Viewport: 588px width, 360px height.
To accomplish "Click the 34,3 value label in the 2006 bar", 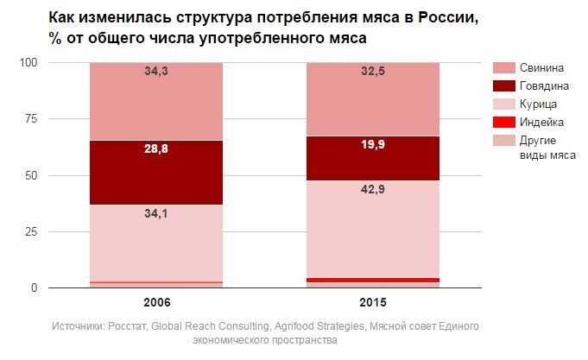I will [156, 72].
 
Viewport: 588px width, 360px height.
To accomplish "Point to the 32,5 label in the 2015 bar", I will [373, 73].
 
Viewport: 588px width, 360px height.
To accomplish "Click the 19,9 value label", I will [373, 144].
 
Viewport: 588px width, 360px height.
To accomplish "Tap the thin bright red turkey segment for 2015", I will [373, 280].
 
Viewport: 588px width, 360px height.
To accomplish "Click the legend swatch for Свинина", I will [503, 67].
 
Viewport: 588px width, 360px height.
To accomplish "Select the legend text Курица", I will [540, 104].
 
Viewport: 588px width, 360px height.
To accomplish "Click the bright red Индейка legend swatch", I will [503, 122].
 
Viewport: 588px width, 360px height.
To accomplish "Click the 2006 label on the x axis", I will [156, 304].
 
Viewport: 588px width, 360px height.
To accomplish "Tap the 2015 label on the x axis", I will [373, 304].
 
